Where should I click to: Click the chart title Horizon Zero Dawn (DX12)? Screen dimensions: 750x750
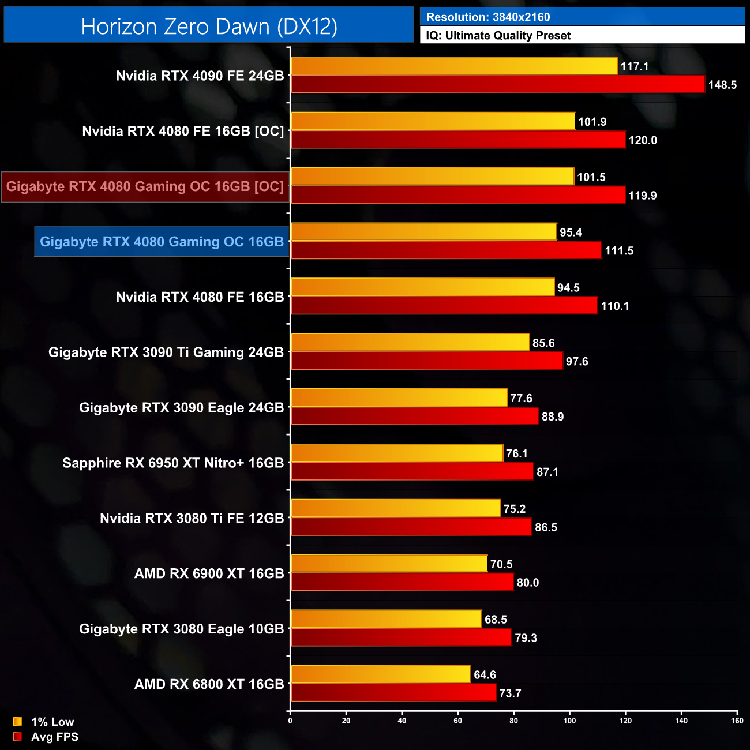209,27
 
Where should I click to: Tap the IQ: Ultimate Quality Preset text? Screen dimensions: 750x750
498,36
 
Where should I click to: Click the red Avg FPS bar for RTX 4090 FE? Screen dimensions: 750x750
497,84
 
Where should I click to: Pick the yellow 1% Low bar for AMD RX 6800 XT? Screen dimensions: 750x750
381,674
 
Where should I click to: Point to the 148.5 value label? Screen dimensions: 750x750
722,85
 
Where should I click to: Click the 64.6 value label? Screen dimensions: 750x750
485,675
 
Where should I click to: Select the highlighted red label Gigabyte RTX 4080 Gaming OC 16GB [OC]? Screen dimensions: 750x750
145,187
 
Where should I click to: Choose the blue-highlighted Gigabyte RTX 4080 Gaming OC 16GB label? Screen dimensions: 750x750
162,242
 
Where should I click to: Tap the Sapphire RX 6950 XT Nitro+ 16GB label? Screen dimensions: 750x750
173,463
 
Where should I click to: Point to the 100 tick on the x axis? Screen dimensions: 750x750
569,720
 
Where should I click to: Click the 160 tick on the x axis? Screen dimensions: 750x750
737,720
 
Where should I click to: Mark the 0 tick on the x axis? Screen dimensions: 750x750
290,720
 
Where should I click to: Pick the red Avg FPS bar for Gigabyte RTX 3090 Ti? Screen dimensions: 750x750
427,361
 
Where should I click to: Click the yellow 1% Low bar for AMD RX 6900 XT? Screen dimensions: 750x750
389,564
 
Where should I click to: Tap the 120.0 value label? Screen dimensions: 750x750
643,140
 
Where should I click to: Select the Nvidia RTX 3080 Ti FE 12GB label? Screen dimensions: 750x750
192,519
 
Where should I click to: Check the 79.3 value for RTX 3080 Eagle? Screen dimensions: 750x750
526,638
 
